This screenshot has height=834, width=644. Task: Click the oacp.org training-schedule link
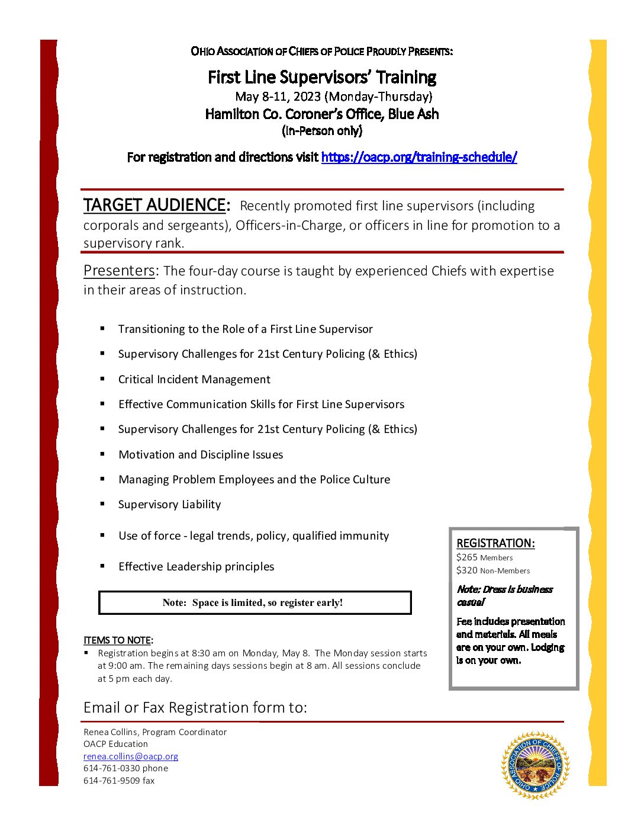418,157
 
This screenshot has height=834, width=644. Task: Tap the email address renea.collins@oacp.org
130,756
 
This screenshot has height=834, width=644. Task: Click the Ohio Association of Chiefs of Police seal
535,765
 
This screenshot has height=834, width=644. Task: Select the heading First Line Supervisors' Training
322,77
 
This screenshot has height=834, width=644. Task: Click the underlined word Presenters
120,271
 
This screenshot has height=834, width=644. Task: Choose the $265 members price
484,557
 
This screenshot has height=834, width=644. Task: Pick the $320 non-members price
492,570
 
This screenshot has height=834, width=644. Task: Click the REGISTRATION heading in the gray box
495,543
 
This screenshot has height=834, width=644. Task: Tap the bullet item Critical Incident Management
194,379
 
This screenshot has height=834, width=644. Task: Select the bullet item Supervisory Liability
169,504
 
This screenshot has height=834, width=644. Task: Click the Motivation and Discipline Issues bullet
201,454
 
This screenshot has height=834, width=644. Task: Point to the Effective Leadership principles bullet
196,566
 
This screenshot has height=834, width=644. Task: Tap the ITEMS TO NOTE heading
118,640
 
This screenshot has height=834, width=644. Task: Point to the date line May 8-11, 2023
333,96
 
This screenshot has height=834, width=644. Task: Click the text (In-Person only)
322,130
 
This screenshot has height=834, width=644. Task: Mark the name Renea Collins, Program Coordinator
154,732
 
